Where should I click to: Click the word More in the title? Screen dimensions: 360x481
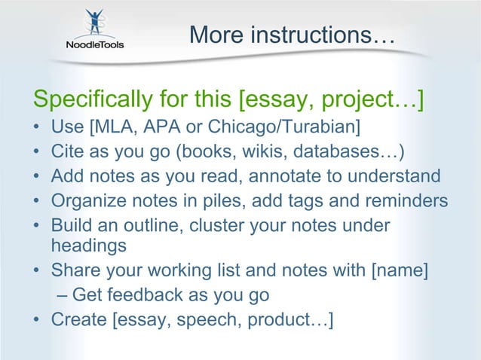[214, 35]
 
